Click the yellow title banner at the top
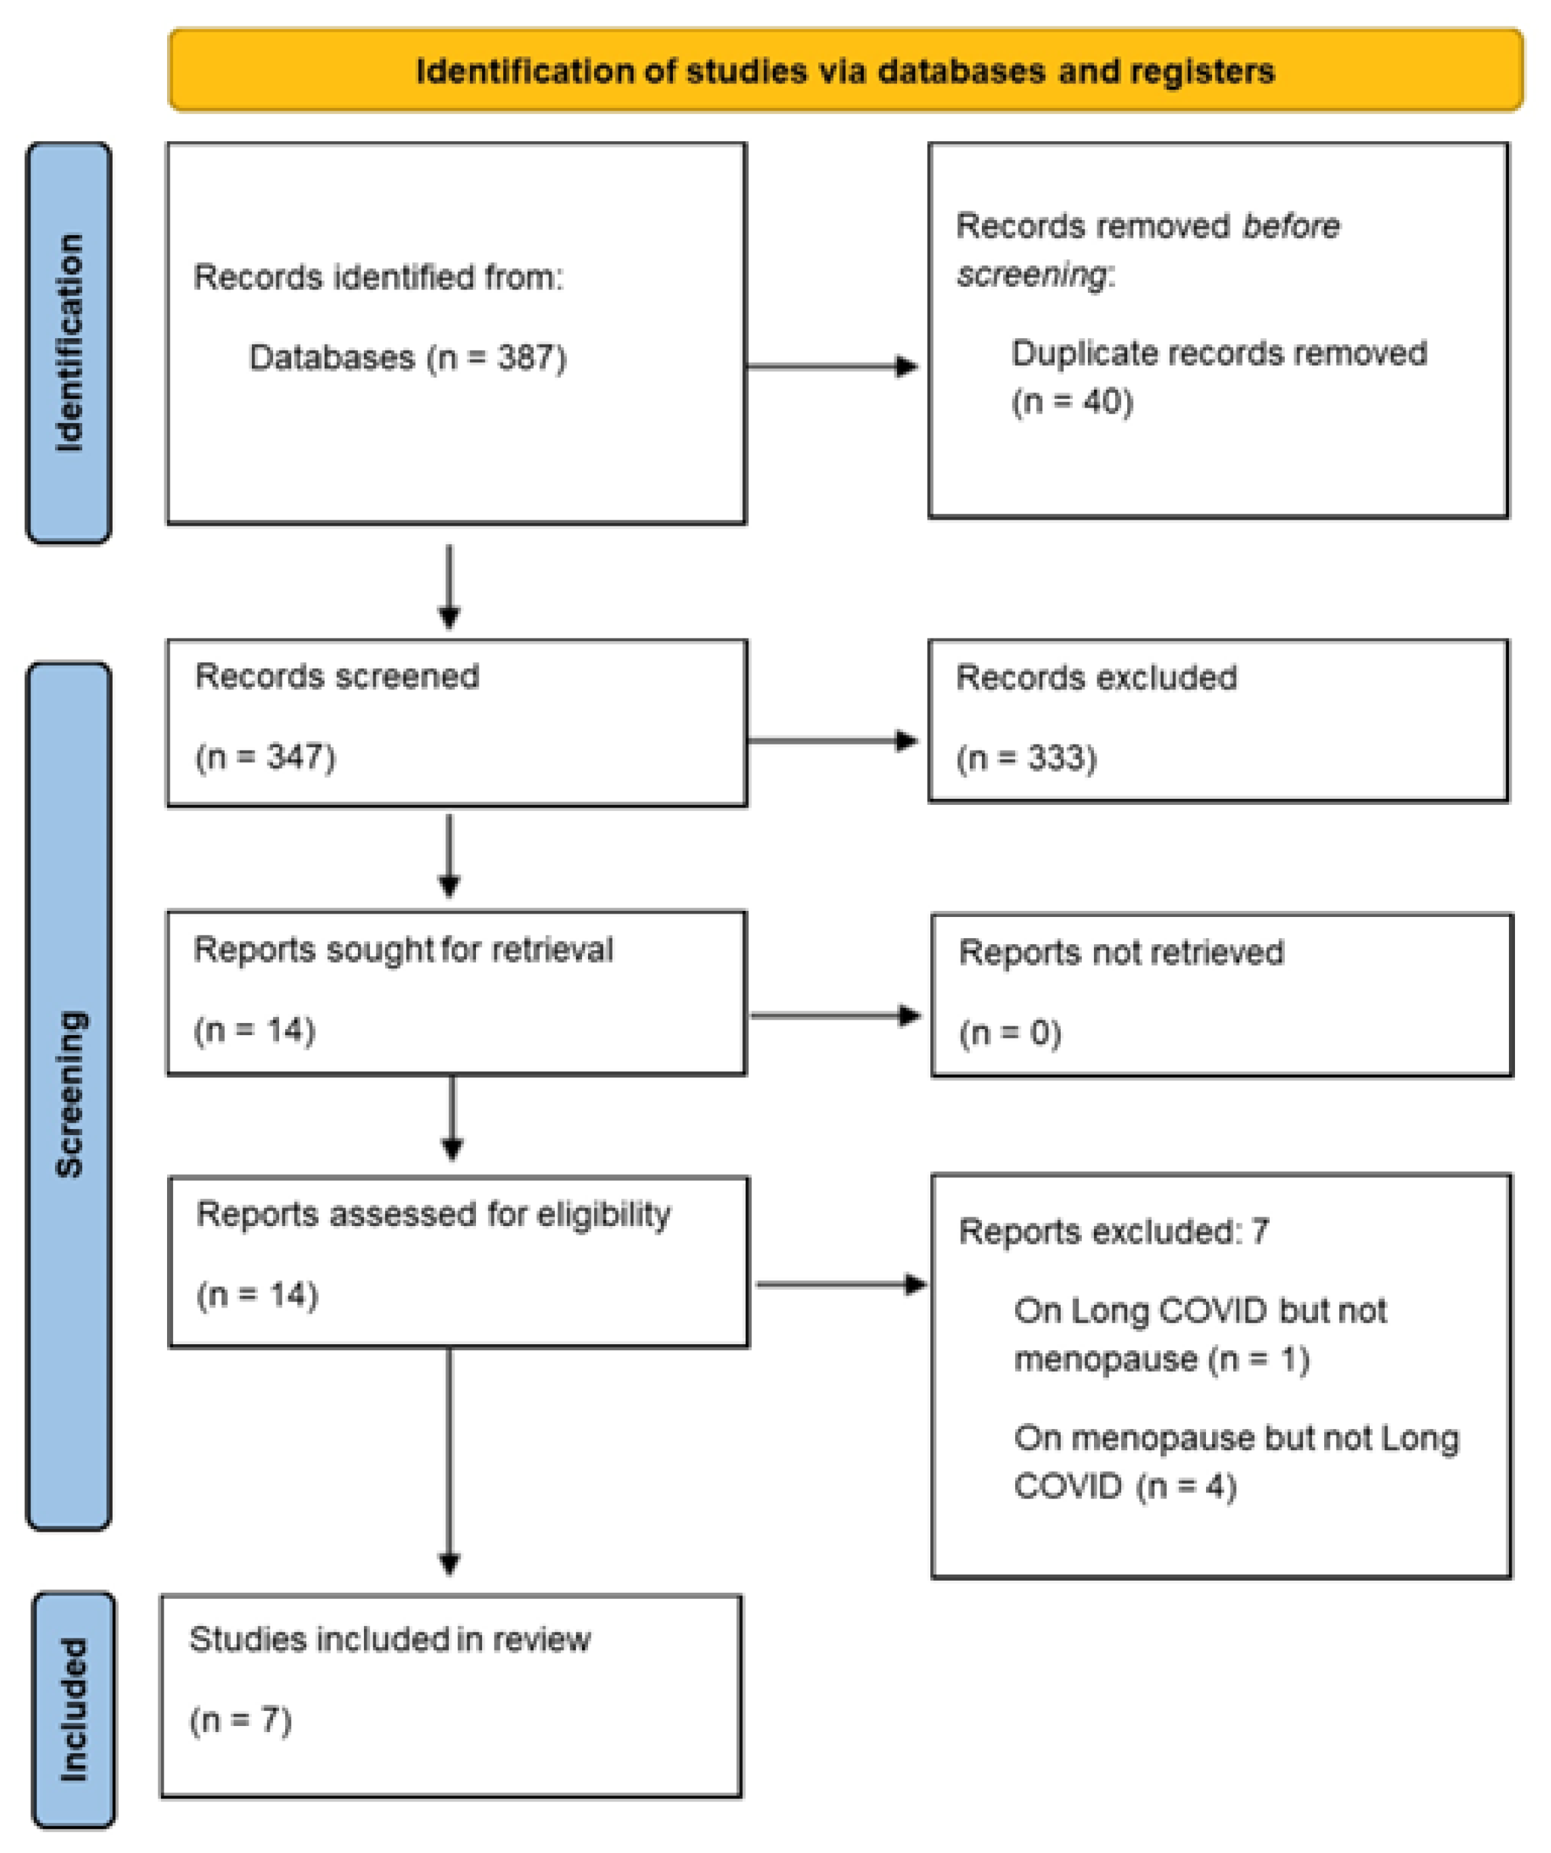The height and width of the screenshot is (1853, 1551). (845, 71)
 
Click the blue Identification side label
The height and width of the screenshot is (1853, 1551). (69, 342)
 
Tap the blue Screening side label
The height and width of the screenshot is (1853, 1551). (69, 1094)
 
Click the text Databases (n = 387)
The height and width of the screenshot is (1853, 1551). (407, 358)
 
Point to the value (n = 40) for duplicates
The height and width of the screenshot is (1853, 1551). (1072, 401)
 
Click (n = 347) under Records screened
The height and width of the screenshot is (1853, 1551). (266, 757)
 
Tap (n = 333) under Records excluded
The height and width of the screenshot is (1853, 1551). (1027, 758)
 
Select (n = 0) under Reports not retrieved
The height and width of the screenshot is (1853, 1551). (1010, 1032)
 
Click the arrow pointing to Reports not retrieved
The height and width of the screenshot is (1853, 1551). (835, 1015)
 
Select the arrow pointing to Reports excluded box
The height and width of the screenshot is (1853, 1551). (841, 1284)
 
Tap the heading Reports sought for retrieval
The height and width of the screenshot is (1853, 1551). (403, 950)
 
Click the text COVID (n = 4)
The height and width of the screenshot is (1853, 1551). (1125, 1486)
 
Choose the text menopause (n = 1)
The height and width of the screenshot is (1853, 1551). (1161, 1359)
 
